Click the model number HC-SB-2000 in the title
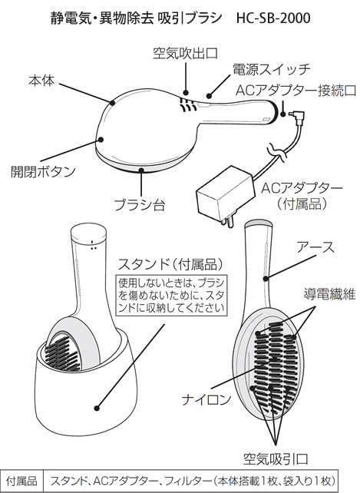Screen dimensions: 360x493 (x=273, y=18)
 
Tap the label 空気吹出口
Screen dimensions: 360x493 (x=186, y=53)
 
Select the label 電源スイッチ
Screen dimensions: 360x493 (x=271, y=69)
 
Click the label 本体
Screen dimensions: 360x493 (x=41, y=81)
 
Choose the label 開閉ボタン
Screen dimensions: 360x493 (x=44, y=171)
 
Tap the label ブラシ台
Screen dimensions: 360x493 (x=140, y=204)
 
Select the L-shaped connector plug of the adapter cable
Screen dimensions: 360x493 (x=296, y=116)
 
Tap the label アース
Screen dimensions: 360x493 (x=315, y=247)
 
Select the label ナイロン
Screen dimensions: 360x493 (x=206, y=399)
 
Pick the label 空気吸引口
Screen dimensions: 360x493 (x=276, y=459)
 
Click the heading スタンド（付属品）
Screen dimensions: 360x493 (x=171, y=265)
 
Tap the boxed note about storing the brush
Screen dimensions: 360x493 (x=171, y=295)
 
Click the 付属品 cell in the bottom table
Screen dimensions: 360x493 (x=21, y=481)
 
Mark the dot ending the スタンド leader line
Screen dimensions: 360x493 (x=97, y=409)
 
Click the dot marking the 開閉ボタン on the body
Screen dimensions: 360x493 (x=101, y=140)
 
